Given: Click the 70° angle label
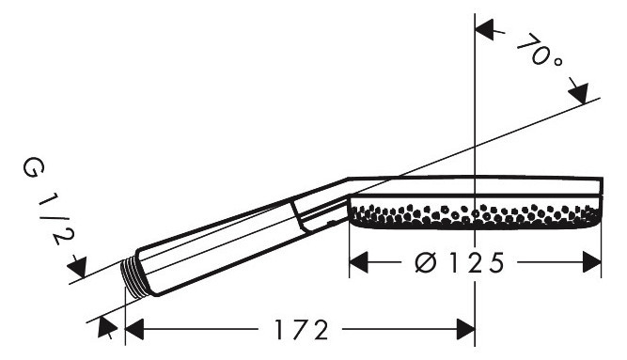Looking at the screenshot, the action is pyautogui.click(x=541, y=51).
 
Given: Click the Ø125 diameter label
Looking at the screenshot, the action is pyautogui.click(x=459, y=263).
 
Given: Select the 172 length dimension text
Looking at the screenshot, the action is pyautogui.click(x=302, y=330).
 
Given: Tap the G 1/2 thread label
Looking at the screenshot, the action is pyautogui.click(x=47, y=201).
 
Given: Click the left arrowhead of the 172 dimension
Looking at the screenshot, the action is pyautogui.click(x=134, y=329).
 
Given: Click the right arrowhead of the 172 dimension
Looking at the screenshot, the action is pyautogui.click(x=465, y=329).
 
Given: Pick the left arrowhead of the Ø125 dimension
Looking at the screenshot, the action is pyautogui.click(x=359, y=262).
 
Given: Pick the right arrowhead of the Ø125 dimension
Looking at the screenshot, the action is pyautogui.click(x=592, y=262).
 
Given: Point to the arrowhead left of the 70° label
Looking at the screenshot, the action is pyautogui.click(x=485, y=29).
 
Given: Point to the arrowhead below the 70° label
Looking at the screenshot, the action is pyautogui.click(x=579, y=94).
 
